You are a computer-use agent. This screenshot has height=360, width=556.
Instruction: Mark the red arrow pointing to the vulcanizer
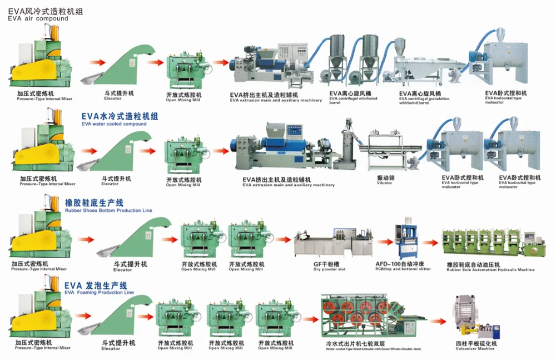(441, 322)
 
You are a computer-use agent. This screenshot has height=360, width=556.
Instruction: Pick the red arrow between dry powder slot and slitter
(383, 242)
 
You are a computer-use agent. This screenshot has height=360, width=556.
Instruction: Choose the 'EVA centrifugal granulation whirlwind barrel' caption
(420, 97)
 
